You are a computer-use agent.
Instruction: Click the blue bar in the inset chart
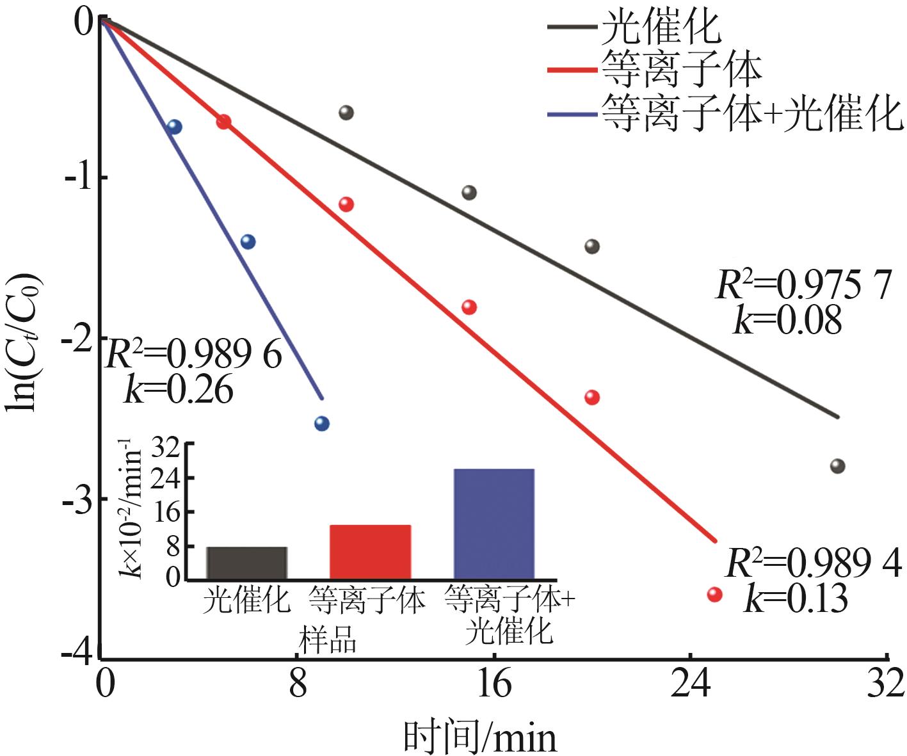[494, 524]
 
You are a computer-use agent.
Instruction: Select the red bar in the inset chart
[370, 551]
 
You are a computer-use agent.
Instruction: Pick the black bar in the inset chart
[246, 563]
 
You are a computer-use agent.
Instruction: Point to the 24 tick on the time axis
[690, 684]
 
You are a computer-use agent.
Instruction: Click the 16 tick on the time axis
[494, 684]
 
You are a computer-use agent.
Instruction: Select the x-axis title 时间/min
[480, 737]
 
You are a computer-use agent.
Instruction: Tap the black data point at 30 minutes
[837, 466]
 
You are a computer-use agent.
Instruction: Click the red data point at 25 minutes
[714, 595]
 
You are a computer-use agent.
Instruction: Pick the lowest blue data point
[322, 424]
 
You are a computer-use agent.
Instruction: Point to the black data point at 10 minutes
[346, 113]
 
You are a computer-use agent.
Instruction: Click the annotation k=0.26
[179, 389]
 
